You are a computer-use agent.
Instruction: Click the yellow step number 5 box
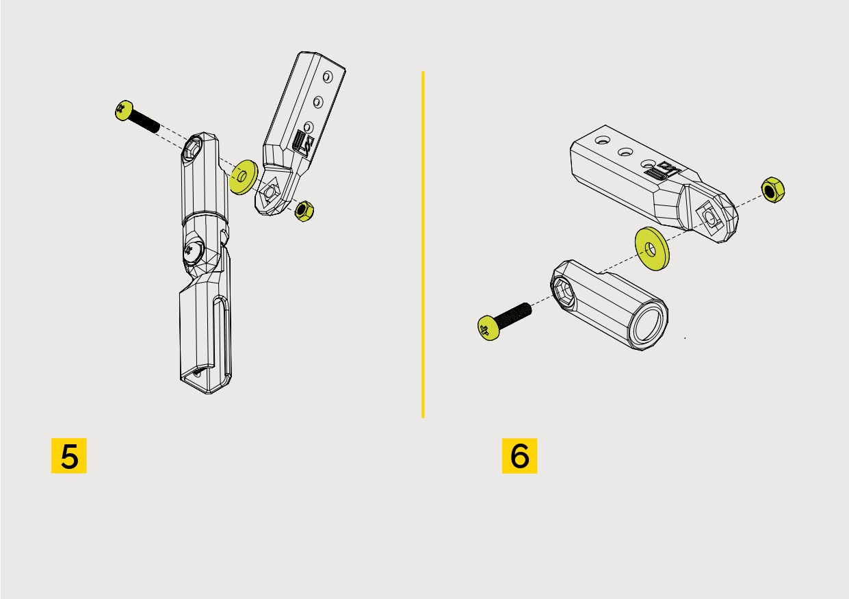click(68, 456)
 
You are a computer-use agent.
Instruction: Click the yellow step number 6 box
click(519, 456)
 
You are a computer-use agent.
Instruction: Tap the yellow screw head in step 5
click(124, 110)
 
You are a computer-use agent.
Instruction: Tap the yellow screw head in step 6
click(488, 328)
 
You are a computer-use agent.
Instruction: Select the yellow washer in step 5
click(244, 177)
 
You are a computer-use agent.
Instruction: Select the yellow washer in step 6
click(652, 248)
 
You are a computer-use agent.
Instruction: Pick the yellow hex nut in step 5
click(304, 212)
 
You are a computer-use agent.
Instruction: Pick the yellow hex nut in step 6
click(773, 190)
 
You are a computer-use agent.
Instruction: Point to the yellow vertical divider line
click(423, 244)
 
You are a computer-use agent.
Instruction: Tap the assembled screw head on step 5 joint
click(194, 251)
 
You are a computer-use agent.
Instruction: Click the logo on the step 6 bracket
click(662, 171)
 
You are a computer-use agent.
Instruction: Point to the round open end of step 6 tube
click(649, 324)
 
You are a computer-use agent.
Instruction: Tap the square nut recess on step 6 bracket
click(709, 217)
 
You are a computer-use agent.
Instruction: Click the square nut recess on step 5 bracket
click(270, 192)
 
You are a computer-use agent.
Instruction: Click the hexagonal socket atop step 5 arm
click(192, 149)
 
